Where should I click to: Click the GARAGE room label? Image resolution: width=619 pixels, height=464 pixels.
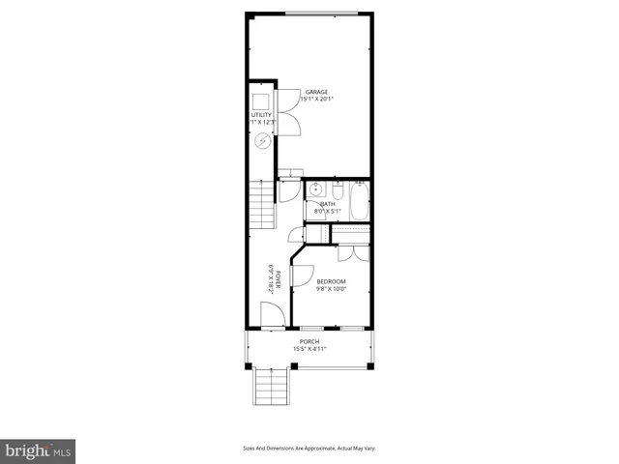pos(315,92)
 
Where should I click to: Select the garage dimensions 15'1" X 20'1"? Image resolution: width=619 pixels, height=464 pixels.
pos(315,100)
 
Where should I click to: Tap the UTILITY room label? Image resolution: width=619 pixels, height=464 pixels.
pos(262,115)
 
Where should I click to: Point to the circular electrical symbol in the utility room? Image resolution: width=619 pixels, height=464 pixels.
pos(263,141)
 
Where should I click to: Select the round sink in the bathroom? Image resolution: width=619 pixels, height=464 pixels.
pos(316,189)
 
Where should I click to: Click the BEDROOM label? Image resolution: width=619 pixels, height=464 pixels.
pos(331,281)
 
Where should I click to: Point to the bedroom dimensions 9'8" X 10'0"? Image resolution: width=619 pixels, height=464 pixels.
pos(331,289)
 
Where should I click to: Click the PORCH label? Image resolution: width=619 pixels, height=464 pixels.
pos(309,341)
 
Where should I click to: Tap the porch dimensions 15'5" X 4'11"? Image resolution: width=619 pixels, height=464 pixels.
pos(309,349)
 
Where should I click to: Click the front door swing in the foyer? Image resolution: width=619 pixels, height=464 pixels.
pos(272,311)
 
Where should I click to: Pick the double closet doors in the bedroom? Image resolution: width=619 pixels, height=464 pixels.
pos(354,253)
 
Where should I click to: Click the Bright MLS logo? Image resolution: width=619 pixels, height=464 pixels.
pos(39,449)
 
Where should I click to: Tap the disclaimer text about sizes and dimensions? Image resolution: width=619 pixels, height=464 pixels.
pos(309,449)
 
